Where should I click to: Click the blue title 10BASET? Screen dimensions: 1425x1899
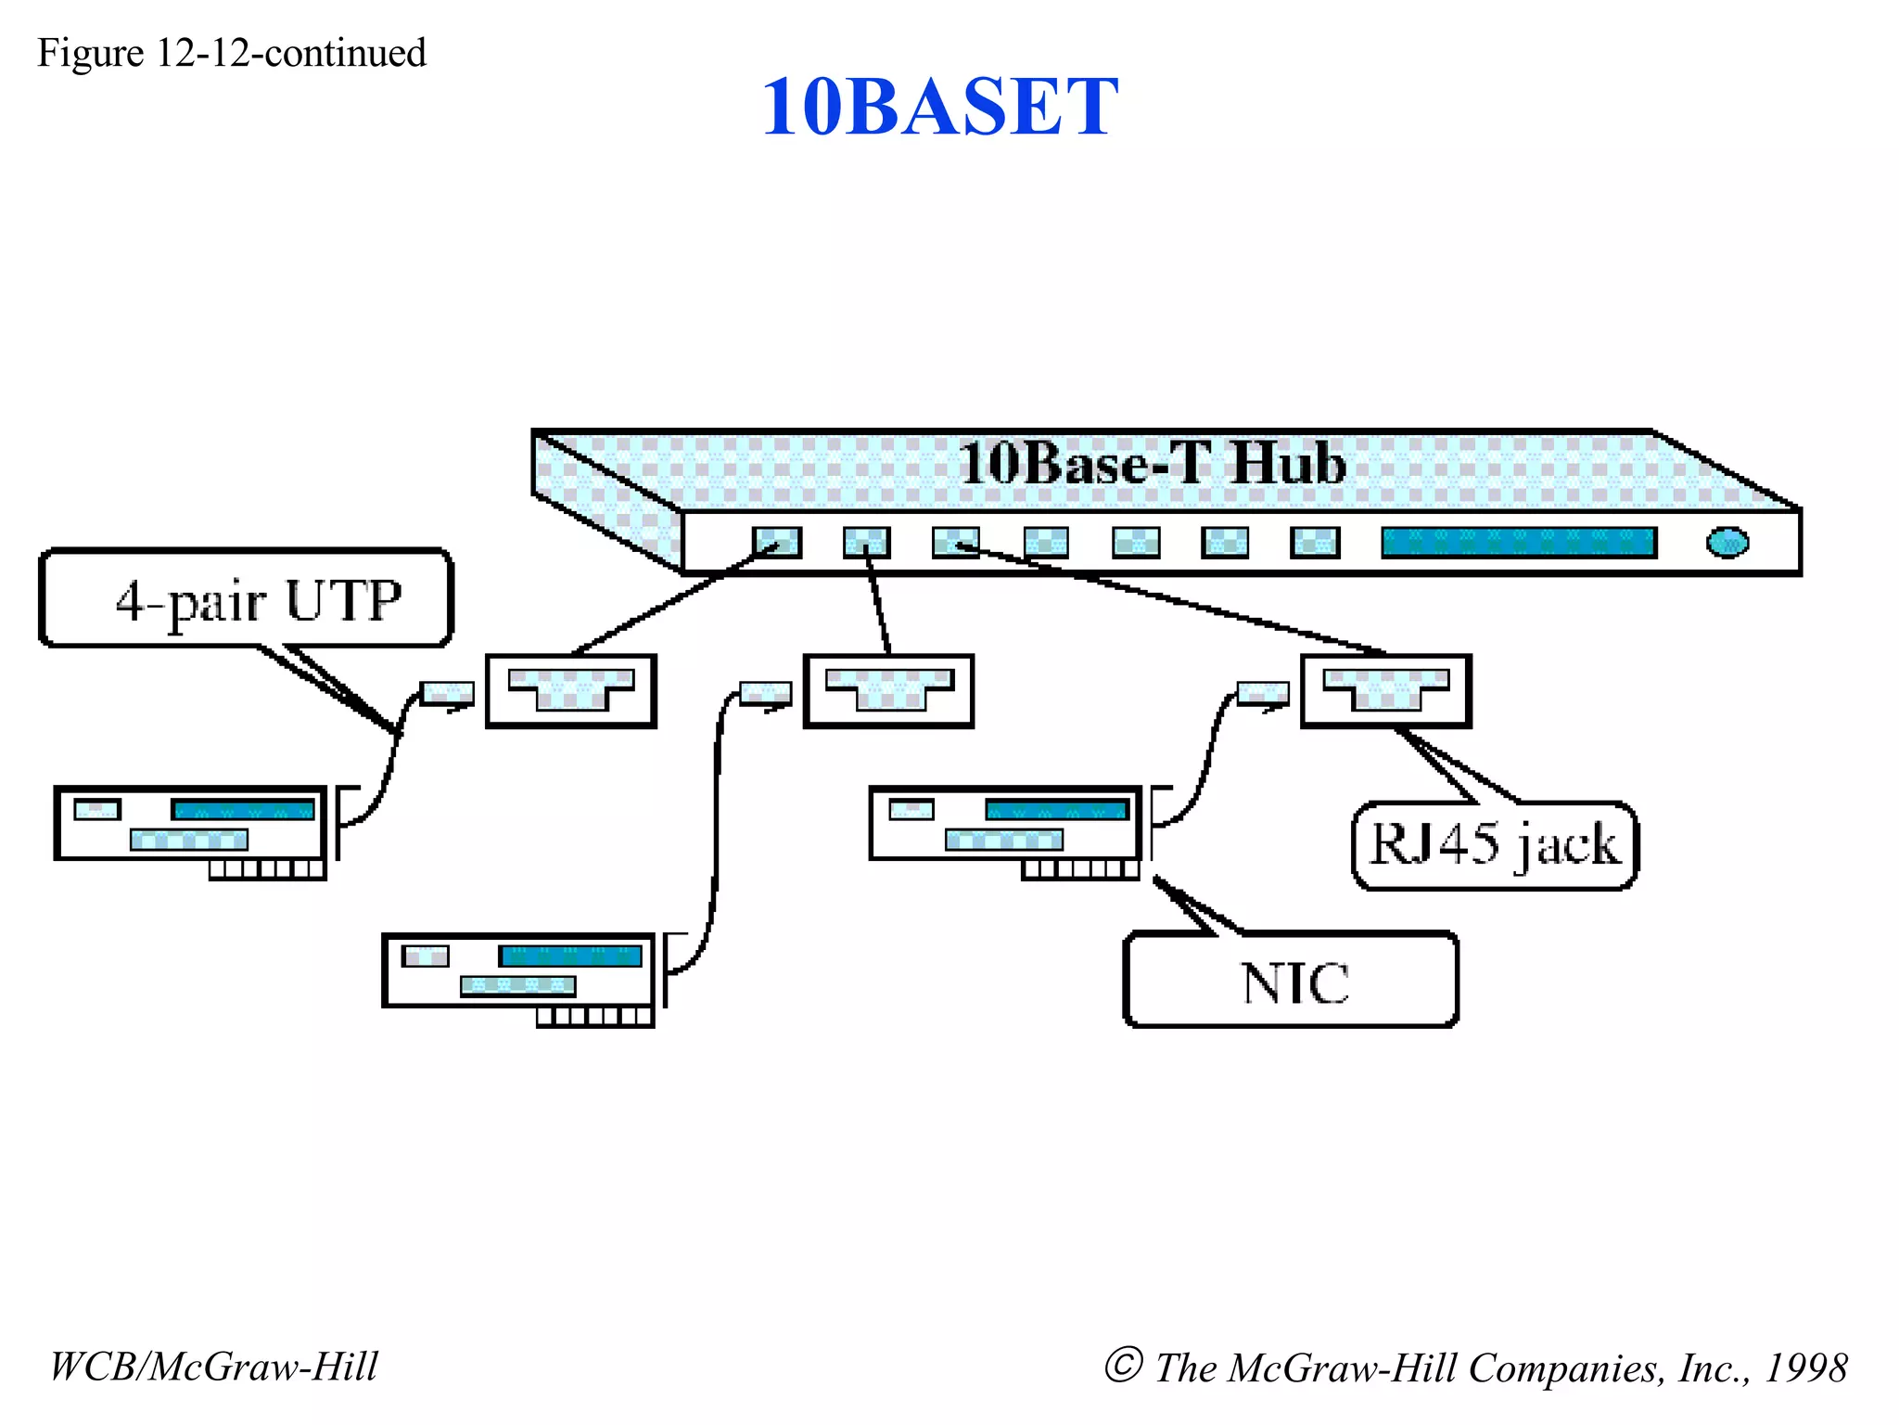pos(939,108)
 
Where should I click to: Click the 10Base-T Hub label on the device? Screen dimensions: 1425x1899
pos(1152,463)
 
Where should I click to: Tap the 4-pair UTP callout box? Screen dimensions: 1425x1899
pos(247,599)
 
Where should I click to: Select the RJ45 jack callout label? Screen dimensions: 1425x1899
pos(1495,845)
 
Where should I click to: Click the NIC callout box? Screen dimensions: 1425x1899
pos(1292,982)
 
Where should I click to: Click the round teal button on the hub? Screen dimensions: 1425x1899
pos(1727,543)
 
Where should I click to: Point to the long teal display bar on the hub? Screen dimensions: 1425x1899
pos(1518,543)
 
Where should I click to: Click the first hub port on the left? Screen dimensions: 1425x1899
pos(776,543)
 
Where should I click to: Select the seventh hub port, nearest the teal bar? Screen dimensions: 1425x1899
pos(1315,543)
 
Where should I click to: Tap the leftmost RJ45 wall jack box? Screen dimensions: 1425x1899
pos(571,692)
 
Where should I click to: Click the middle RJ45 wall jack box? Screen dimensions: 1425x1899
pos(888,692)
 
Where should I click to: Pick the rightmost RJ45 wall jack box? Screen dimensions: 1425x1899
pos(1385,692)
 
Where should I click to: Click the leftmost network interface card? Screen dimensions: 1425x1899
pos(190,825)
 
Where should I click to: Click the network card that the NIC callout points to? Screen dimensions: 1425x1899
pos(1005,825)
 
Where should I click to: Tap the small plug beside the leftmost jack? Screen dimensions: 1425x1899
pos(447,693)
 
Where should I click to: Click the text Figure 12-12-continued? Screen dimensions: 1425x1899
pos(232,53)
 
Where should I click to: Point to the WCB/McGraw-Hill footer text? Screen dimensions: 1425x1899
pos(214,1367)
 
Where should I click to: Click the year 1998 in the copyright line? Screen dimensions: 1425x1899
pos(1805,1367)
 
